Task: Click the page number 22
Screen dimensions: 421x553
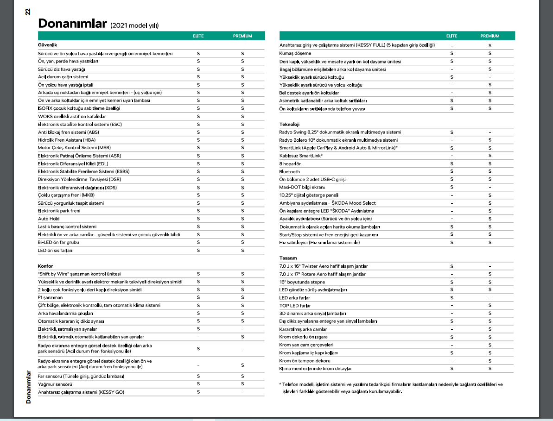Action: [x=28, y=11]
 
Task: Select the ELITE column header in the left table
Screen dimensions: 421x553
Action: [x=198, y=36]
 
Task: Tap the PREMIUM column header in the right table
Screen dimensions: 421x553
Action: [x=490, y=36]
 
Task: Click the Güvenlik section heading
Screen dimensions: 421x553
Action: [x=47, y=45]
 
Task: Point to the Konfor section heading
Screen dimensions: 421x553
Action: [x=45, y=266]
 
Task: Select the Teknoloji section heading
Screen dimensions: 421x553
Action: [x=289, y=124]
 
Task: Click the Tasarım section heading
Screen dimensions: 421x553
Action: [x=288, y=258]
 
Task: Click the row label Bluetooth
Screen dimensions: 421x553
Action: [x=289, y=171]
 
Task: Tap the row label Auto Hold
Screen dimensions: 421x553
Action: [x=49, y=219]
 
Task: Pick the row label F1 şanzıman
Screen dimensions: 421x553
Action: [x=50, y=297]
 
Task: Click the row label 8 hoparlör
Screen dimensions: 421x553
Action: [x=290, y=163]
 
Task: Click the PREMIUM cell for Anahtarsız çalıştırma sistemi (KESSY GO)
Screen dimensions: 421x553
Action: [x=242, y=392]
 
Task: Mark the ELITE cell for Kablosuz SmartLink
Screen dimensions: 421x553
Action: [x=451, y=156]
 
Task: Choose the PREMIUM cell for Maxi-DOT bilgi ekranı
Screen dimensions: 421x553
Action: [x=490, y=187]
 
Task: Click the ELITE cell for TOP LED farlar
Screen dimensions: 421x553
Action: [x=451, y=305]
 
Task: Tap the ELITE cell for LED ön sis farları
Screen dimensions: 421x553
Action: [x=198, y=250]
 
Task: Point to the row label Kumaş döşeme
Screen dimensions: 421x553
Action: [x=295, y=53]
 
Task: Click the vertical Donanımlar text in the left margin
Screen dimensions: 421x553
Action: [x=28, y=387]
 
